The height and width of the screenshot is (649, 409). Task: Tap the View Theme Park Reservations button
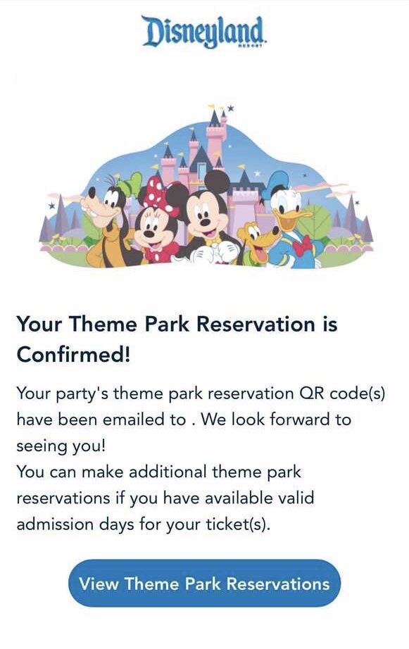pyautogui.click(x=204, y=584)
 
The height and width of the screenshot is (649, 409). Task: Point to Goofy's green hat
pyautogui.click(x=130, y=185)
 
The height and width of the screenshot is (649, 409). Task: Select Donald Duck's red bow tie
pyautogui.click(x=302, y=246)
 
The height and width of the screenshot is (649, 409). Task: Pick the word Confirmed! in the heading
pyautogui.click(x=73, y=355)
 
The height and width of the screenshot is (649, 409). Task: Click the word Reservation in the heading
pyautogui.click(x=255, y=324)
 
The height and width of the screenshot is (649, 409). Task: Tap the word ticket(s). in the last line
pyautogui.click(x=238, y=524)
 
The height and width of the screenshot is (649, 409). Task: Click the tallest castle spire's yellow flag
pyautogui.click(x=212, y=107)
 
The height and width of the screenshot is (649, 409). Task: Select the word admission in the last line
pyautogui.click(x=55, y=524)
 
